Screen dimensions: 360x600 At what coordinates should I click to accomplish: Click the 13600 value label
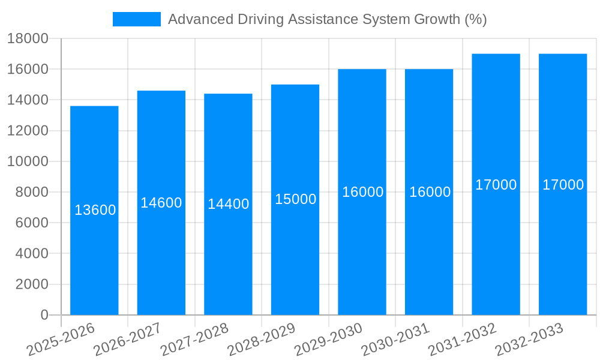pyautogui.click(x=95, y=210)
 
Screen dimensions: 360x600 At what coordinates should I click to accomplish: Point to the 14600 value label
pyautogui.click(x=161, y=203)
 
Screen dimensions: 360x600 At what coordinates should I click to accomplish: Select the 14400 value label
pyautogui.click(x=228, y=204)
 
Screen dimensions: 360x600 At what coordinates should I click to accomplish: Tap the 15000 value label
pyautogui.click(x=295, y=199)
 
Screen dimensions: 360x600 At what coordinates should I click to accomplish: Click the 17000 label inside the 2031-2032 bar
pyautogui.click(x=496, y=185)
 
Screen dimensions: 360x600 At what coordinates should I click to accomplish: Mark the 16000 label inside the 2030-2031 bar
pyautogui.click(x=430, y=192)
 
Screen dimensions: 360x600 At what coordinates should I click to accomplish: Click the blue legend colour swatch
pyautogui.click(x=137, y=19)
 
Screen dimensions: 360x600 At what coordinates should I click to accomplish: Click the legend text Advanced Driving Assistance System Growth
pyautogui.click(x=327, y=19)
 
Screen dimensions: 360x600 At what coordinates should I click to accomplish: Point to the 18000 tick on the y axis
pyautogui.click(x=28, y=38)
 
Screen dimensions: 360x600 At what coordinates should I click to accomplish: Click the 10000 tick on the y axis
pyautogui.click(x=28, y=161)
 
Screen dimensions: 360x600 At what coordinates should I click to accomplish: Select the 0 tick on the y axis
pyautogui.click(x=44, y=315)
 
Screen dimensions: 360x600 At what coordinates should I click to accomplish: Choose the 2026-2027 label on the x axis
pyautogui.click(x=127, y=340)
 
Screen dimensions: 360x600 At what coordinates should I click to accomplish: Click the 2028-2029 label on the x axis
pyautogui.click(x=261, y=340)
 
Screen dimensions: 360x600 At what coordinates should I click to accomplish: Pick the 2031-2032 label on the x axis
pyautogui.click(x=462, y=340)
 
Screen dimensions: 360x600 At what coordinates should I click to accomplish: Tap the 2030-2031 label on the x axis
pyautogui.click(x=395, y=340)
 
